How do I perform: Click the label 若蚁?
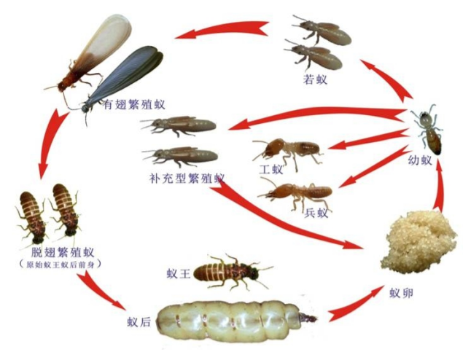click(316, 79)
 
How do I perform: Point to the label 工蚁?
click(270, 168)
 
